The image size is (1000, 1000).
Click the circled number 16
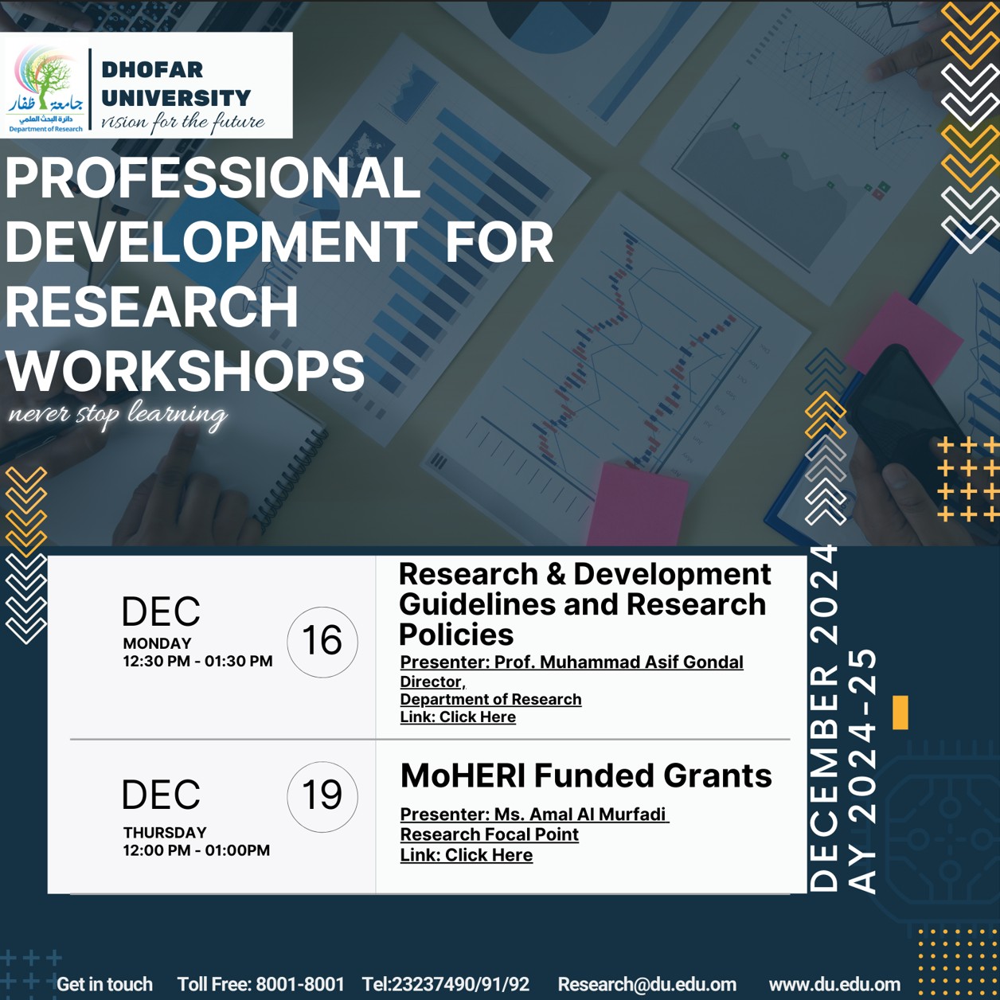click(x=322, y=642)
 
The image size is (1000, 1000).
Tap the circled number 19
click(x=322, y=796)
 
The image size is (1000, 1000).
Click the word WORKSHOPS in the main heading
click(x=186, y=370)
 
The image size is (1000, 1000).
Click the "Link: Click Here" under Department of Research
click(x=458, y=717)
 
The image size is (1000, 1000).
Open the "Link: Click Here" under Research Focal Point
click(x=466, y=854)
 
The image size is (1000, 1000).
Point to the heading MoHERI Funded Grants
click(x=586, y=775)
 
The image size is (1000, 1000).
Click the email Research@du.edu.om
click(x=647, y=984)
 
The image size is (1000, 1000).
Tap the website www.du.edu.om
click(x=834, y=984)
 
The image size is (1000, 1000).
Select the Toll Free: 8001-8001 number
click(x=261, y=984)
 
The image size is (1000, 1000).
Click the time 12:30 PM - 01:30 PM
click(x=197, y=661)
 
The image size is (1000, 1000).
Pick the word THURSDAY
click(x=165, y=833)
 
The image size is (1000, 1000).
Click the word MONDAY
click(x=157, y=643)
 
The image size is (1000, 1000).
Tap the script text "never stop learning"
click(x=118, y=415)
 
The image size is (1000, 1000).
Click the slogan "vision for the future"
click(x=183, y=122)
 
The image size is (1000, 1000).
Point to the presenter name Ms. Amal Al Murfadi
click(x=580, y=814)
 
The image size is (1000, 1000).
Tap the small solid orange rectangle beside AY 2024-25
click(x=900, y=713)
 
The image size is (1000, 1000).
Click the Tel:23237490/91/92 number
click(x=446, y=984)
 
